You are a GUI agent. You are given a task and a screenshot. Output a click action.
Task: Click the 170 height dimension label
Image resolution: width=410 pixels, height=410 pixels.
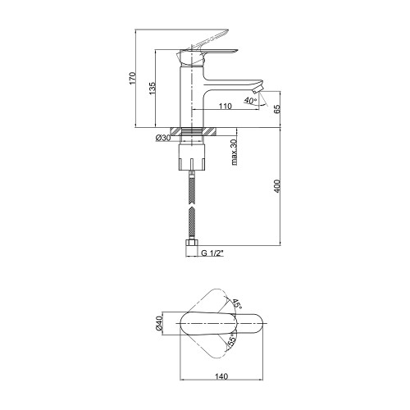(x=132, y=78)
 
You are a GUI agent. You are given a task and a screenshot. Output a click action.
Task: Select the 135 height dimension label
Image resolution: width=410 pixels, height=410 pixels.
(x=152, y=89)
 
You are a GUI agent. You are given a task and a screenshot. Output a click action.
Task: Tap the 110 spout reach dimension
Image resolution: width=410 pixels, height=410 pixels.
(x=225, y=106)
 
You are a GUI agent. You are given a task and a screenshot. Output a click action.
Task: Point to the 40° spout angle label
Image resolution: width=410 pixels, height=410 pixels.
(x=250, y=100)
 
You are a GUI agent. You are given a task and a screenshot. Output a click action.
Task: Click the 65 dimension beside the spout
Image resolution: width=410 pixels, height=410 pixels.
(x=277, y=109)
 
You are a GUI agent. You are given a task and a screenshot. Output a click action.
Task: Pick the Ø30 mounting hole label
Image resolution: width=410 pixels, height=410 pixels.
(x=163, y=138)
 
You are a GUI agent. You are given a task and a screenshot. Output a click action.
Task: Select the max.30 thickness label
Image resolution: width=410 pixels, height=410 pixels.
(x=235, y=153)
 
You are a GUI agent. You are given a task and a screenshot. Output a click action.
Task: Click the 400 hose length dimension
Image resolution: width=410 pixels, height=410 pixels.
(x=277, y=186)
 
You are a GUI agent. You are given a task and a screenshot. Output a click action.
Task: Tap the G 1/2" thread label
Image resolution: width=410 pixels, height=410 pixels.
(x=212, y=253)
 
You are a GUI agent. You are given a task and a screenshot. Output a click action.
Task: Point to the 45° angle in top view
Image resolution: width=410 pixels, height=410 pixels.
(x=237, y=304)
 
